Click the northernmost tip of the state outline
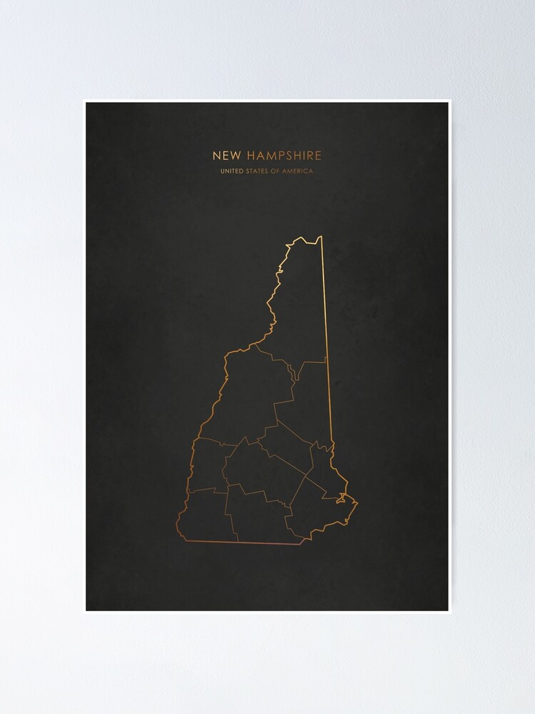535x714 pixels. click(x=320, y=236)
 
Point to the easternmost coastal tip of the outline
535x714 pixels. click(x=357, y=504)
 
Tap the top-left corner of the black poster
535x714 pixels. click(x=86, y=103)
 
